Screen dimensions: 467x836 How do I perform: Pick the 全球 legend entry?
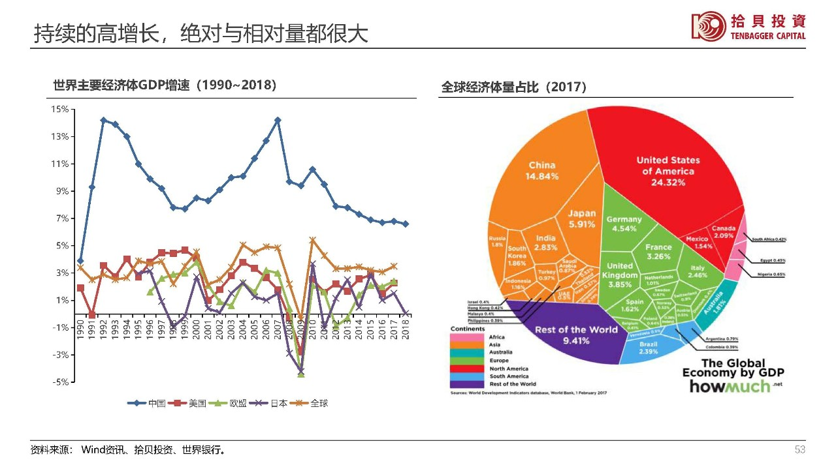310,403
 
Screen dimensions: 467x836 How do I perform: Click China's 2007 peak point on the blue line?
278,120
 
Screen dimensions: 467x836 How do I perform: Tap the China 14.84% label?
542,171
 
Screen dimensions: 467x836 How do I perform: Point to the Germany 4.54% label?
624,224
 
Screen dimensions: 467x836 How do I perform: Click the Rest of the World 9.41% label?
576,334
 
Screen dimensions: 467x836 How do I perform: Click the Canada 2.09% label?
724,232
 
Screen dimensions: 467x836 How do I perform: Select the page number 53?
800,450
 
